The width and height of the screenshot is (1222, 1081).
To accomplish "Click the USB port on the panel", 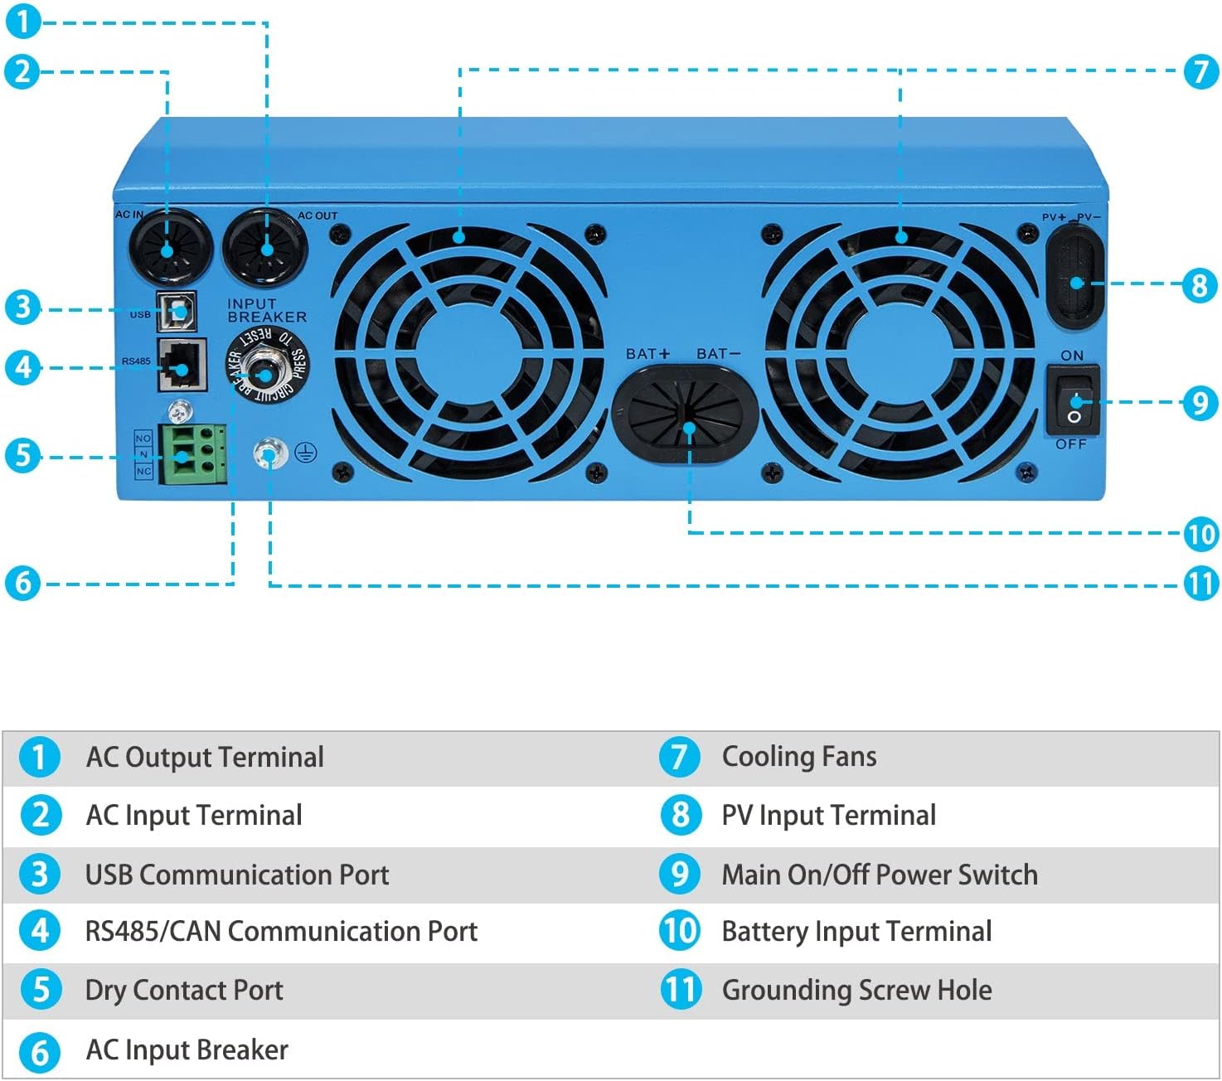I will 177,312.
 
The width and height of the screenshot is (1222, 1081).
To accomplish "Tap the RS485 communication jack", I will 182,365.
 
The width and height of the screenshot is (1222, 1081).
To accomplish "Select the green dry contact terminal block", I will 193,453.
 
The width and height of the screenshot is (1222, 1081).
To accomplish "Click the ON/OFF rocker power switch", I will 1073,400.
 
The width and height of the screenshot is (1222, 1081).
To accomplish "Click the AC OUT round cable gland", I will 265,247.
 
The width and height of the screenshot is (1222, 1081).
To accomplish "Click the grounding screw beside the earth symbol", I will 270,453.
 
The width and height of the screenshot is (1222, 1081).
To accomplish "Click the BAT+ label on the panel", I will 647,354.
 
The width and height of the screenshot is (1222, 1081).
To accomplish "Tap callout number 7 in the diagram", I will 1201,71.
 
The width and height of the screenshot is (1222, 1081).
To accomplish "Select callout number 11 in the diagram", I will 1201,584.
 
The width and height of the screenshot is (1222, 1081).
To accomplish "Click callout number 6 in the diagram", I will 22,582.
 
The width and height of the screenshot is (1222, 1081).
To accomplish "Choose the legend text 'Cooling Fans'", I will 798,757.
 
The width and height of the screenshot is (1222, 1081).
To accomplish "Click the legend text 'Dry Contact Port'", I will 184,991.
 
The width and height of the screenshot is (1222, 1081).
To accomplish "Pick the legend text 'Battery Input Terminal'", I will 856,932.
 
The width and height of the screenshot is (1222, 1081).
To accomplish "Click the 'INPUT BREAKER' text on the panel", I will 266,311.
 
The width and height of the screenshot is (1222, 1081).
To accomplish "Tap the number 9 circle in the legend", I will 680,874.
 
